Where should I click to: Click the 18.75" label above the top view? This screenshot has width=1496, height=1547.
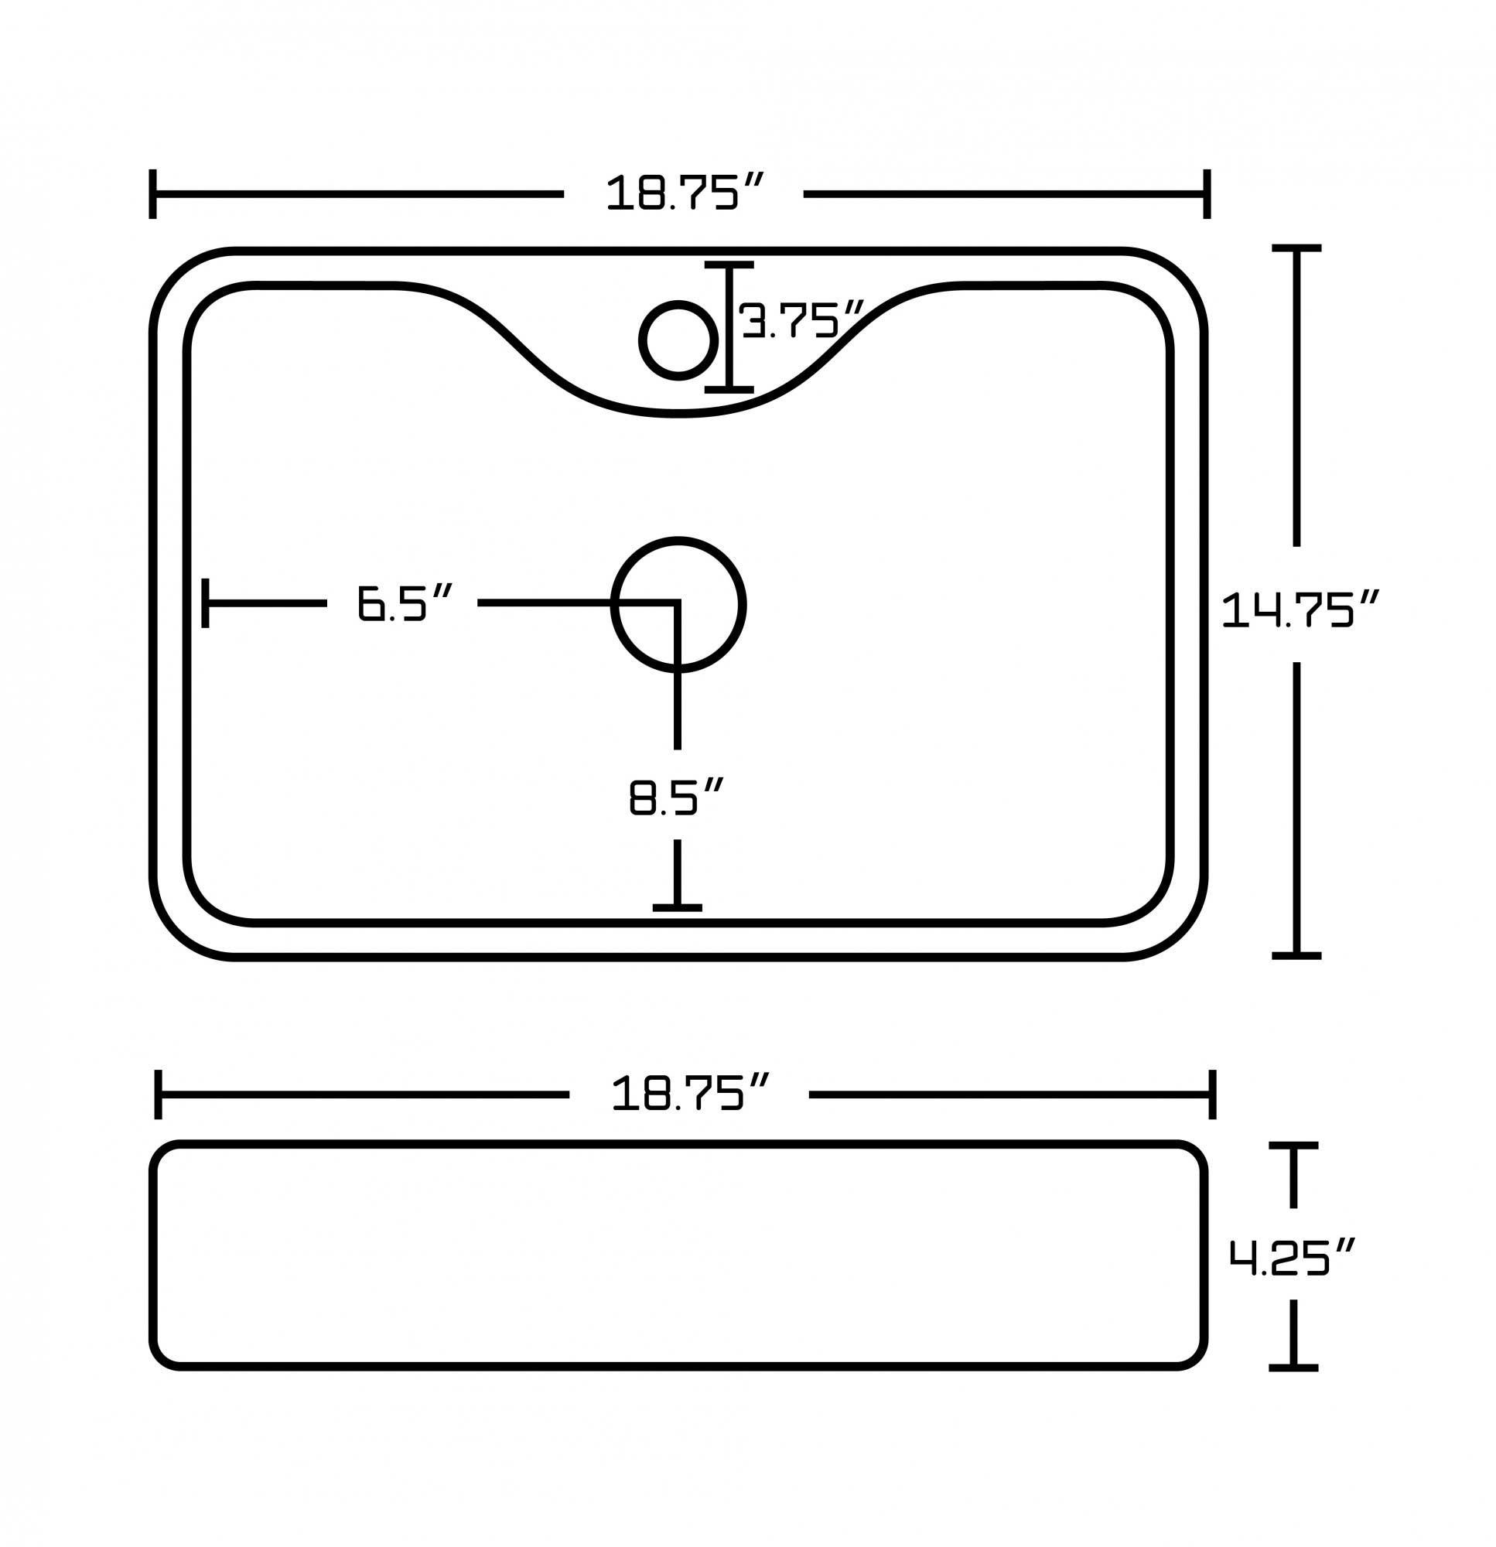click(684, 193)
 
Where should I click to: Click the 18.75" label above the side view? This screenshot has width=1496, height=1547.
click(689, 1094)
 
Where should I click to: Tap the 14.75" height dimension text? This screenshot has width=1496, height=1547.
click(1300, 610)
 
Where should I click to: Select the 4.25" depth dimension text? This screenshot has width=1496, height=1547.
click(1292, 1258)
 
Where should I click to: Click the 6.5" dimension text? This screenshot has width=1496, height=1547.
click(404, 603)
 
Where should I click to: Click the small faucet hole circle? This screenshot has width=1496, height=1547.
click(678, 340)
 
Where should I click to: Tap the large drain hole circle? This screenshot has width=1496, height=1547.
click(678, 605)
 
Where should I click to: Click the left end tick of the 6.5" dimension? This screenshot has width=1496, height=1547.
click(205, 603)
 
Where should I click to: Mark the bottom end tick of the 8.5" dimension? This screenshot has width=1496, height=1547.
click(678, 907)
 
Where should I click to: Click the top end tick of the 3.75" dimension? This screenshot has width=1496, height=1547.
click(729, 265)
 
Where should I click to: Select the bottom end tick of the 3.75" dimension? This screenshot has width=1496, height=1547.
click(729, 389)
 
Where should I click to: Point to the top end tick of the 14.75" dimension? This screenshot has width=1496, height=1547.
click(1296, 248)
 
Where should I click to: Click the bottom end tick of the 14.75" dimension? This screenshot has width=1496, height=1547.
click(1296, 956)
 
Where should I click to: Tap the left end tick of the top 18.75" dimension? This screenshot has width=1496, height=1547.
click(152, 193)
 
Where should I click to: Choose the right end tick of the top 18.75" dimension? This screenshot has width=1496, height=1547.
click(1206, 193)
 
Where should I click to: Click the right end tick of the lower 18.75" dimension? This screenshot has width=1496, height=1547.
click(1212, 1094)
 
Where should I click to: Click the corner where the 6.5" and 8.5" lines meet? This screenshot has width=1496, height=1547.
click(678, 603)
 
